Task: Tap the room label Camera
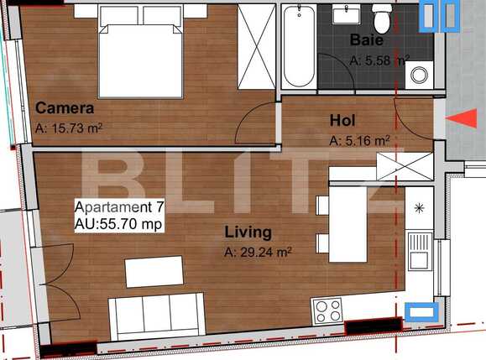tap(64, 109)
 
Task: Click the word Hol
tap(343, 120)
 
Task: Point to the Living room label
tap(248, 232)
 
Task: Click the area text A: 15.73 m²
tap(69, 128)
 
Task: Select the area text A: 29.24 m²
tap(258, 251)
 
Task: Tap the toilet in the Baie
tap(380, 16)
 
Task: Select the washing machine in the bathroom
tap(418, 75)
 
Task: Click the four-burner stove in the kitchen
tap(328, 310)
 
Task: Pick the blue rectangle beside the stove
tap(420, 312)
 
